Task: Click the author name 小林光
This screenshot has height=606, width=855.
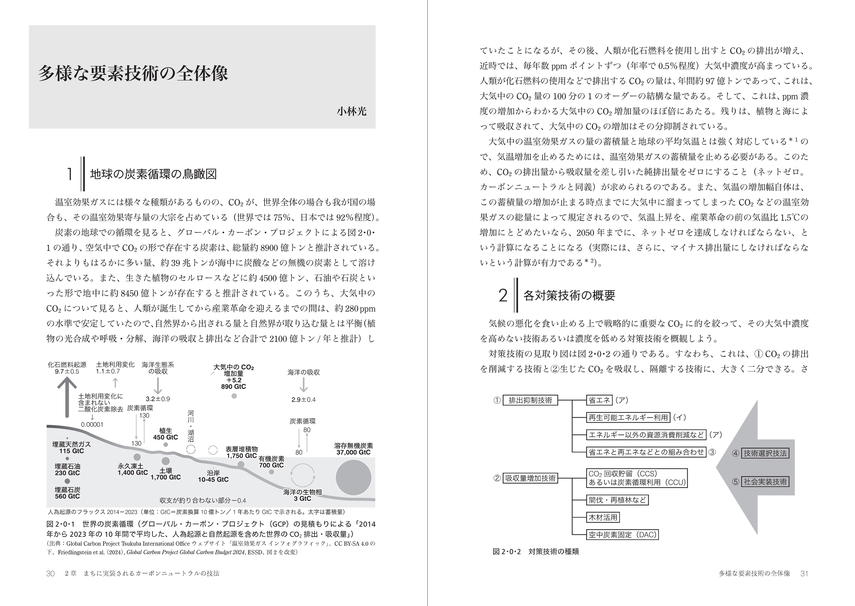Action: [351, 111]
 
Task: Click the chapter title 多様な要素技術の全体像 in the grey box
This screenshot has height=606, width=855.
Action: [133, 73]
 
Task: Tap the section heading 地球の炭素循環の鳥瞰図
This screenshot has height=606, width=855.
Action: [154, 174]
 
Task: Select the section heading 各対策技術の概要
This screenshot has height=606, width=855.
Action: [569, 295]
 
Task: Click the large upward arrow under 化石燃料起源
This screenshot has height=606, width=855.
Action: [67, 397]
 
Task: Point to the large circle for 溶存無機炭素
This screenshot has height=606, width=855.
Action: [353, 477]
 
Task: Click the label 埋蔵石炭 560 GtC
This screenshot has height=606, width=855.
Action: [67, 493]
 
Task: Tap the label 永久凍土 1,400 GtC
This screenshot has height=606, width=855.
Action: [133, 469]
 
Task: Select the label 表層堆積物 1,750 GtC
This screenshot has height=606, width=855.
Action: [242, 452]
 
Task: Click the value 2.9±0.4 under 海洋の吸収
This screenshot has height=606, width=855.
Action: [303, 400]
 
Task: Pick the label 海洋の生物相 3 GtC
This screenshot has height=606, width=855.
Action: [302, 495]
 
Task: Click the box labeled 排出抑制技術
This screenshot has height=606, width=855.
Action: [530, 400]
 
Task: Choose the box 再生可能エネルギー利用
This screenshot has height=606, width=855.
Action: [628, 418]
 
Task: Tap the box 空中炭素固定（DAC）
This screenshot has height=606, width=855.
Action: [622, 535]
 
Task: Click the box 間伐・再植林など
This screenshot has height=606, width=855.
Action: [617, 500]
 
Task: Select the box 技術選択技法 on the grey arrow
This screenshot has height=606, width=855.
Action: [765, 453]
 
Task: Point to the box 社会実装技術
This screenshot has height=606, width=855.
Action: [765, 482]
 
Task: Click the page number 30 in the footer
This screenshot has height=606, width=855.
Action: [50, 574]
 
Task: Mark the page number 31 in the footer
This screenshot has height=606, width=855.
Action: [804, 574]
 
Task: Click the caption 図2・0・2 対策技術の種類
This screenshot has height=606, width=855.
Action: [536, 552]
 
